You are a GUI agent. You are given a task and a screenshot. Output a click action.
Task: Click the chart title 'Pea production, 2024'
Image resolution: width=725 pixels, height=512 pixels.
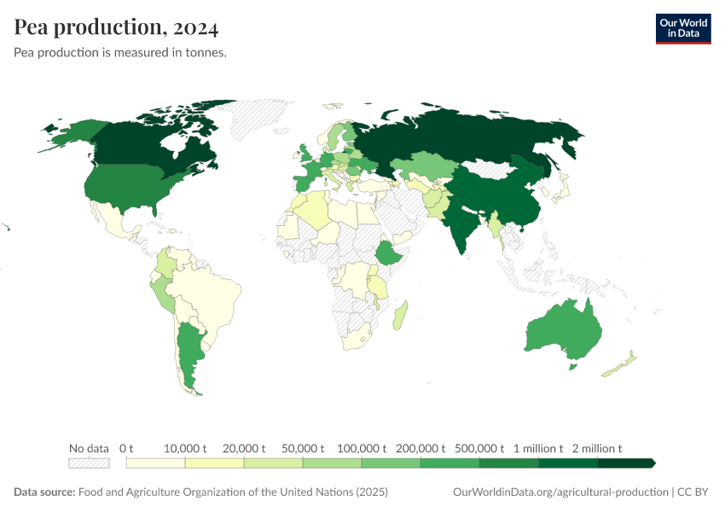[x=116, y=27]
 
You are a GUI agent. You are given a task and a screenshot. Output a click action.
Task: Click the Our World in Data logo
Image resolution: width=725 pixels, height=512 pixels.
[x=682, y=27]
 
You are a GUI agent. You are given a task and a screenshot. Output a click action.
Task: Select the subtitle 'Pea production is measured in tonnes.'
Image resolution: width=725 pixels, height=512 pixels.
[x=119, y=52]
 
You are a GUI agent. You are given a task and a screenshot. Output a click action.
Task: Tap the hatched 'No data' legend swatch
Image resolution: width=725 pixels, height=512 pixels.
[x=89, y=463]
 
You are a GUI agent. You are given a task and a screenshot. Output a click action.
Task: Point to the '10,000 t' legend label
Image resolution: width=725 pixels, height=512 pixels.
[x=185, y=448]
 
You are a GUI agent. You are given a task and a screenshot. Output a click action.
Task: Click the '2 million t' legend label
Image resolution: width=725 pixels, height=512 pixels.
[x=596, y=448]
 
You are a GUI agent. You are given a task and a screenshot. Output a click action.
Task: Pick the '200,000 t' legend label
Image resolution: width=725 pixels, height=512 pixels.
[x=420, y=448]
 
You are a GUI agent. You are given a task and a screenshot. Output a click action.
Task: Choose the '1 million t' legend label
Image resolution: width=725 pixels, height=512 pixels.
[x=537, y=448]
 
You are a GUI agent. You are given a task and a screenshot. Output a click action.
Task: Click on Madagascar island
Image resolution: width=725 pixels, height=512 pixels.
[x=400, y=314]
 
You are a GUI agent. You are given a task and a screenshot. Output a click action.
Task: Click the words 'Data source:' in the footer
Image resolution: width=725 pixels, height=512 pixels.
[x=44, y=492]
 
